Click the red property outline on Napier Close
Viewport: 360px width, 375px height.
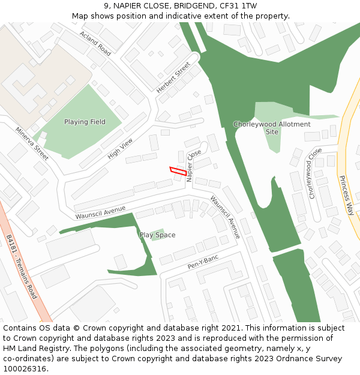tap(177, 171)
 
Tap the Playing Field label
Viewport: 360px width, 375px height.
tap(85, 122)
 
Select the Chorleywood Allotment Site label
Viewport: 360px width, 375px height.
tap(272, 128)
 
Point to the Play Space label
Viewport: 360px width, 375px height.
tap(157, 235)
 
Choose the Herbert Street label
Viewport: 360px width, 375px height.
tap(173, 77)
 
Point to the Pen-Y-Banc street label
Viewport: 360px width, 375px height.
tap(203, 262)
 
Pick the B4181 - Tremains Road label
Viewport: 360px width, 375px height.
tap(22, 267)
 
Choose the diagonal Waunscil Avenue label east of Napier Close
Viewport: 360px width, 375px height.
tap(225, 217)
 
